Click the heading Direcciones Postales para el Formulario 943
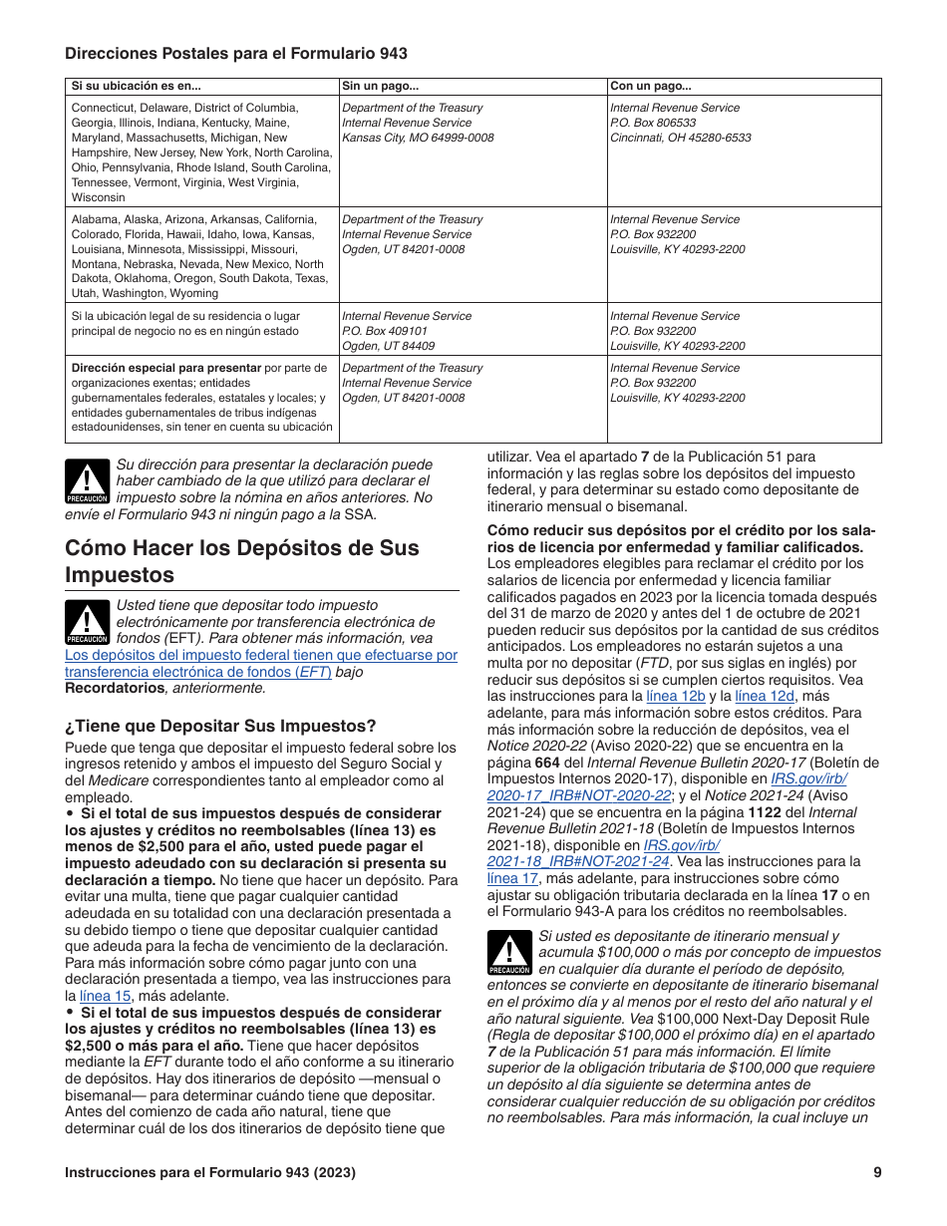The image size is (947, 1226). [236, 54]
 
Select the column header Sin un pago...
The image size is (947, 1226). [380, 87]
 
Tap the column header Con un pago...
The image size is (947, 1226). [651, 87]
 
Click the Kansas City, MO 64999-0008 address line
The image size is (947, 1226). [418, 138]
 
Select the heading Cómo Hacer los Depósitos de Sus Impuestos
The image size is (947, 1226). [242, 561]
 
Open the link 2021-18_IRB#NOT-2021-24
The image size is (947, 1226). [577, 861]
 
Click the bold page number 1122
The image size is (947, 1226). [765, 812]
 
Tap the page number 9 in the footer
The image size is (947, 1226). [877, 1172]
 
